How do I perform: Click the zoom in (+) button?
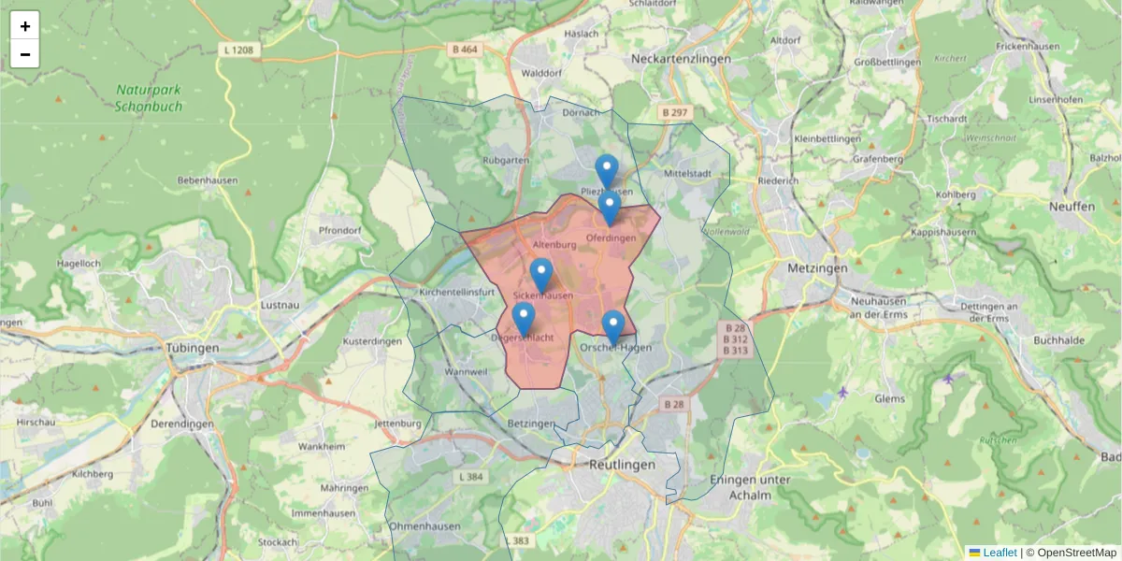point(24,26)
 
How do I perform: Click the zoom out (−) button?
point(24,54)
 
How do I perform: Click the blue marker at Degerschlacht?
point(524,319)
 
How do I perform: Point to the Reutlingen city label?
point(622,465)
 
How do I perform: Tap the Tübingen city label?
point(192,348)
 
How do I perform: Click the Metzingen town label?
point(817,268)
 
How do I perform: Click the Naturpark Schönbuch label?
point(150,98)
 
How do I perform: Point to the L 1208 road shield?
point(239,49)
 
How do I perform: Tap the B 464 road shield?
point(465,49)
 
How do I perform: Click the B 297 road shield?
point(674,112)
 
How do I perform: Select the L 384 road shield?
point(473,477)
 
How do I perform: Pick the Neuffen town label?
point(1072,208)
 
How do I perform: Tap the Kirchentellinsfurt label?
point(457,293)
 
